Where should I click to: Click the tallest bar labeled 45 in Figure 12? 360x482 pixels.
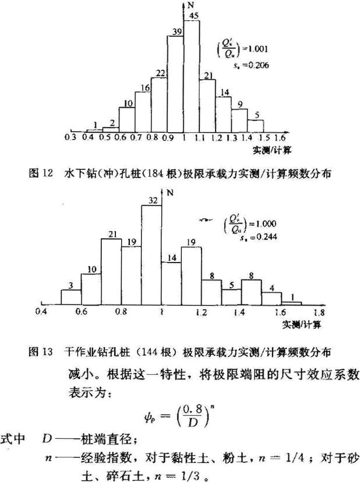coord(192,76)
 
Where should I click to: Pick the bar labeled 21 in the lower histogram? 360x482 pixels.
coord(111,271)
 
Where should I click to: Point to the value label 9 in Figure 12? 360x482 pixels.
coord(239,105)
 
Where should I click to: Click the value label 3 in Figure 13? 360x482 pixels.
coord(71,285)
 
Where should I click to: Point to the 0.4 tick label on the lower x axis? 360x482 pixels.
coord(41,313)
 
